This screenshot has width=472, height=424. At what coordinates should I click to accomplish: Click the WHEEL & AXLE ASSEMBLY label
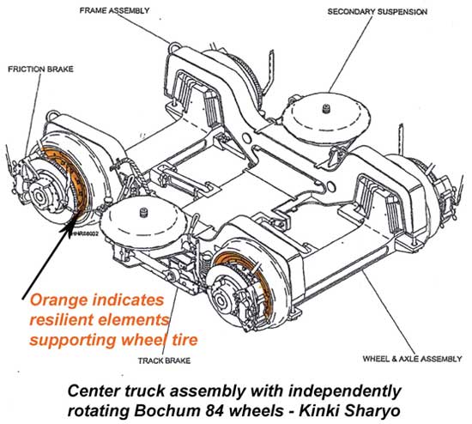407,335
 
